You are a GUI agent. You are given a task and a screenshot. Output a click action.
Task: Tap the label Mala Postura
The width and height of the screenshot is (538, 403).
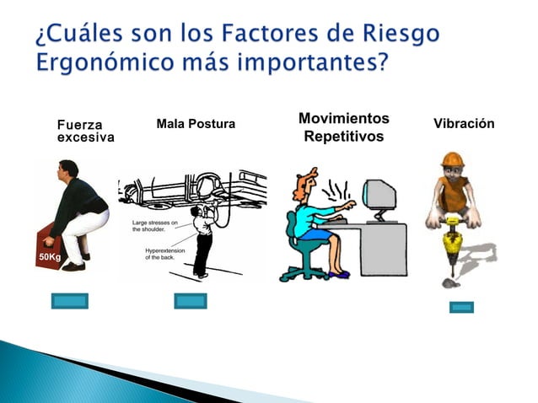pos(196,125)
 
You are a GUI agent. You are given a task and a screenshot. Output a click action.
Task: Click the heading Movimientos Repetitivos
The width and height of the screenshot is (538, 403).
pos(343,126)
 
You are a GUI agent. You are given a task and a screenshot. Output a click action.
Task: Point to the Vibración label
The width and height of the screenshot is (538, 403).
pos(463,124)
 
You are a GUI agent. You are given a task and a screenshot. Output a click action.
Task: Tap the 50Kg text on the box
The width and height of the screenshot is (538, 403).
pos(48,255)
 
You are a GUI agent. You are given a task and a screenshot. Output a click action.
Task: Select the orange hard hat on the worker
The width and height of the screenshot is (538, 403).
pos(453,159)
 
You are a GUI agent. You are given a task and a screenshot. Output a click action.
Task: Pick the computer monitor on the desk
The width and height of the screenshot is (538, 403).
pos(380,196)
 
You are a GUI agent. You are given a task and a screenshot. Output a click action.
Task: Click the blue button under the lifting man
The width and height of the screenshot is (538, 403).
pos(69,300)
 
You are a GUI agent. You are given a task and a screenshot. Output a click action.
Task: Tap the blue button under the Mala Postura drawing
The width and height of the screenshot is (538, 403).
pos(191,300)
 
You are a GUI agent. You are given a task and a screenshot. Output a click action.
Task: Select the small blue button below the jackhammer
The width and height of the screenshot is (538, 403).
pos(461,307)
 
